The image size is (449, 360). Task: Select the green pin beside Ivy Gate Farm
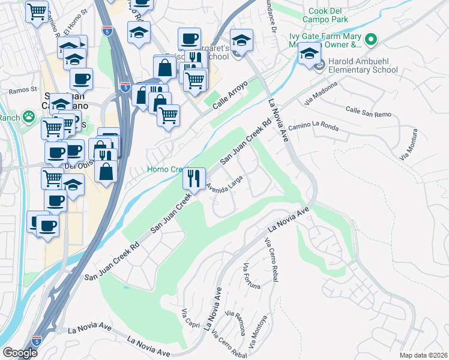(371, 40)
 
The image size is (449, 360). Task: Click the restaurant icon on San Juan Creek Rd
(194, 178)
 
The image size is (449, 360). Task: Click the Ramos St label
(23, 91)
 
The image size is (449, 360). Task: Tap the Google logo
(19, 352)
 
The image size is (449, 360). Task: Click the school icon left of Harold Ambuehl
(309, 55)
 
